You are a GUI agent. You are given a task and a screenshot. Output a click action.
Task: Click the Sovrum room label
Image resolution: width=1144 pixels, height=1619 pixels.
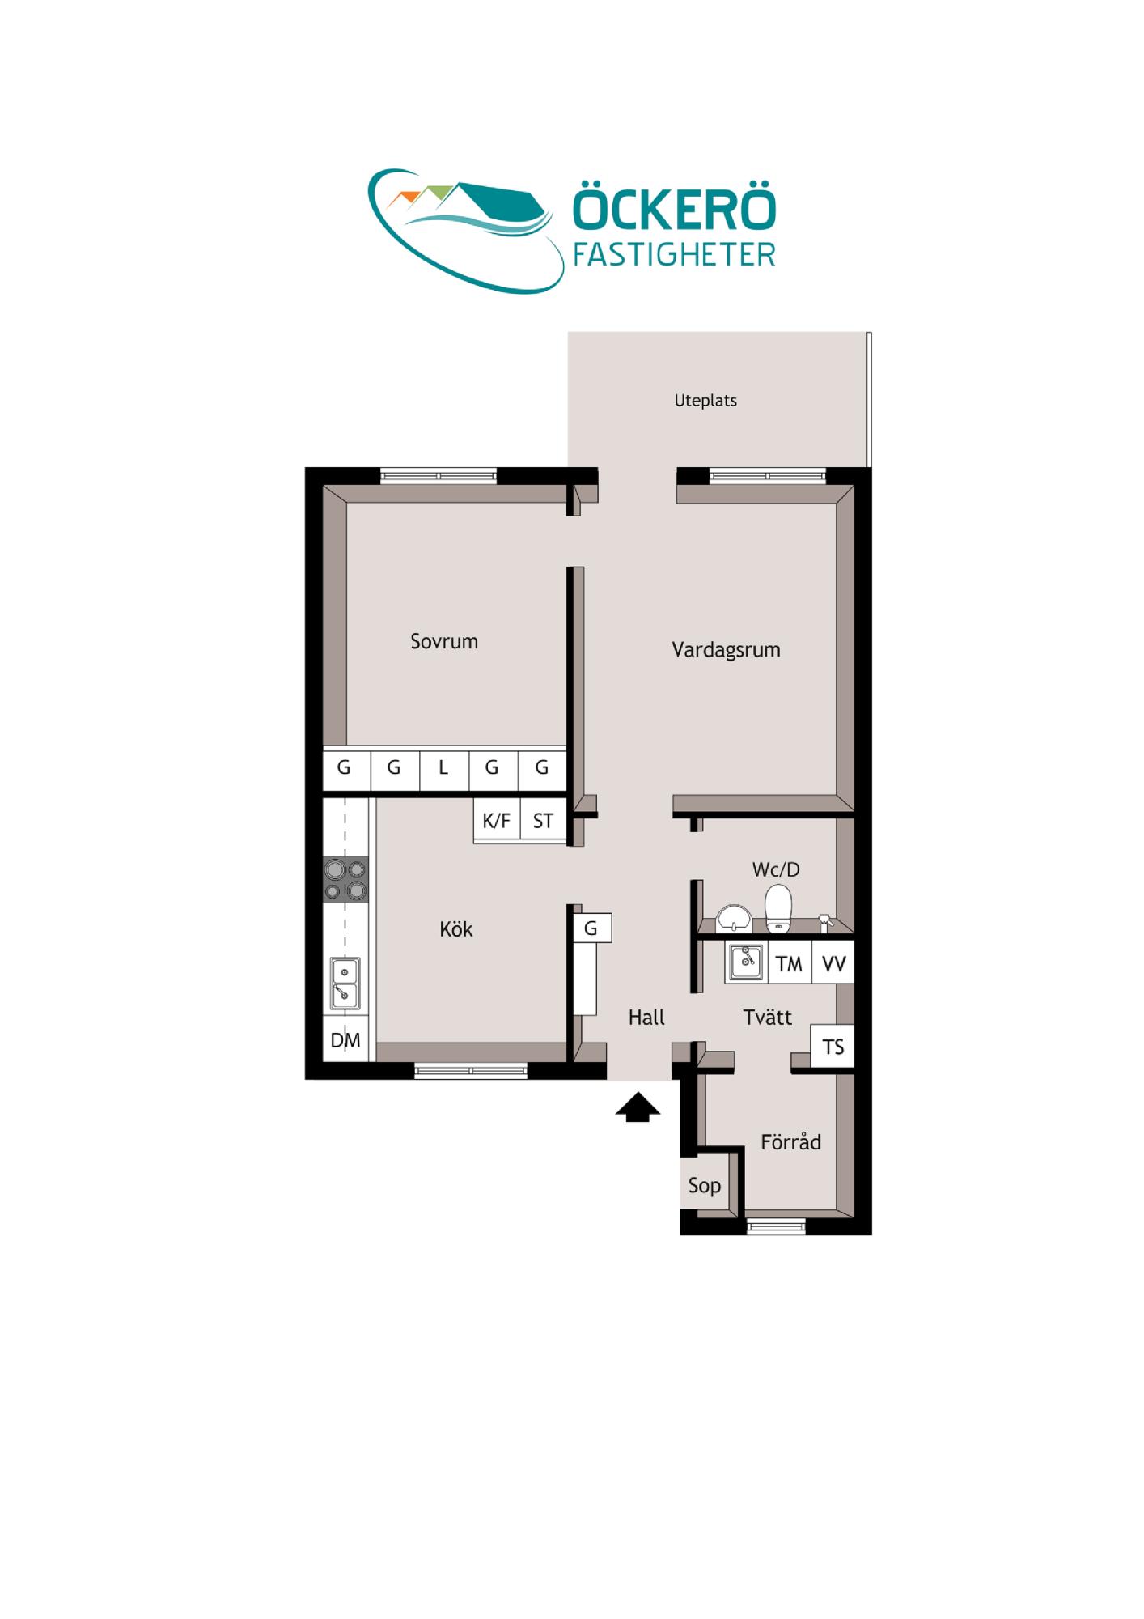coord(444,641)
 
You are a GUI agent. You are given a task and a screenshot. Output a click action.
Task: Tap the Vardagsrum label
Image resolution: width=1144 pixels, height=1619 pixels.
coord(726,650)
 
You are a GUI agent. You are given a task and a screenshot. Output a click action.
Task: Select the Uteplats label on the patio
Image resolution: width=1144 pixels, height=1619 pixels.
coord(705,401)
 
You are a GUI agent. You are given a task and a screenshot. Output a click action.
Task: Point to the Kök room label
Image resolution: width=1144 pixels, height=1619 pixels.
coord(456,929)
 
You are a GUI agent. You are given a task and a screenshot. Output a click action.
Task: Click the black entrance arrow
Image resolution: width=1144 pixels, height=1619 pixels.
coord(638,1107)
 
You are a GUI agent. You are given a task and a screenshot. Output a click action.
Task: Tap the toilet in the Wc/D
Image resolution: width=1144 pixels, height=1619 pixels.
coord(778,908)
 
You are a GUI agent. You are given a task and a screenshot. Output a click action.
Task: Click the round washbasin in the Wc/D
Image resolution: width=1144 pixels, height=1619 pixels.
coord(734,919)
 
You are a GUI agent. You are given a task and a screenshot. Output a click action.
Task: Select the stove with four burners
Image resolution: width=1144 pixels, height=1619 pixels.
coord(345,880)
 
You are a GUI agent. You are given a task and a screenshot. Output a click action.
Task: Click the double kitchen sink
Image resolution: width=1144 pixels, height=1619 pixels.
coord(345,984)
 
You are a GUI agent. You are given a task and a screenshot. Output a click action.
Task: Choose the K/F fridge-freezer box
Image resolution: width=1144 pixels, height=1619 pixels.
coord(497,821)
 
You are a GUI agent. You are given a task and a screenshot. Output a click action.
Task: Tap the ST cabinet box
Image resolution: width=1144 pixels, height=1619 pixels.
coord(543,821)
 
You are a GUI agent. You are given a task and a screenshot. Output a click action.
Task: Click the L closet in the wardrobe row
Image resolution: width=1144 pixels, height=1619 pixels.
coord(444,767)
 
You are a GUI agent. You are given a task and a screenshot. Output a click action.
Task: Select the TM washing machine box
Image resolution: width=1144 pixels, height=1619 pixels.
coord(789,963)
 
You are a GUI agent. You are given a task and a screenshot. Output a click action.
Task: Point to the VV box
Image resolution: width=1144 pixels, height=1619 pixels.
coord(833,963)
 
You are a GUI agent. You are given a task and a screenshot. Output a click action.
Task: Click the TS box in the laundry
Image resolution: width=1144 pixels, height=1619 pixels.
coord(833,1047)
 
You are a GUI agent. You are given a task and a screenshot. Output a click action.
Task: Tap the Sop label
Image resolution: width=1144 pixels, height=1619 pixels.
coord(705,1186)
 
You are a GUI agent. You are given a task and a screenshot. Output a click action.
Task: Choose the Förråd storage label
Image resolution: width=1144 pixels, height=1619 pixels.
coord(790,1142)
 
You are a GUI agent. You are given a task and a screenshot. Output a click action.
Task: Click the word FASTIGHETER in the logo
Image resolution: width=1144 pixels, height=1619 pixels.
coord(674,255)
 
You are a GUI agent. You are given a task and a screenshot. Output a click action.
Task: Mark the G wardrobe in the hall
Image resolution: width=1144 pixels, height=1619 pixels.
coord(591,928)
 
